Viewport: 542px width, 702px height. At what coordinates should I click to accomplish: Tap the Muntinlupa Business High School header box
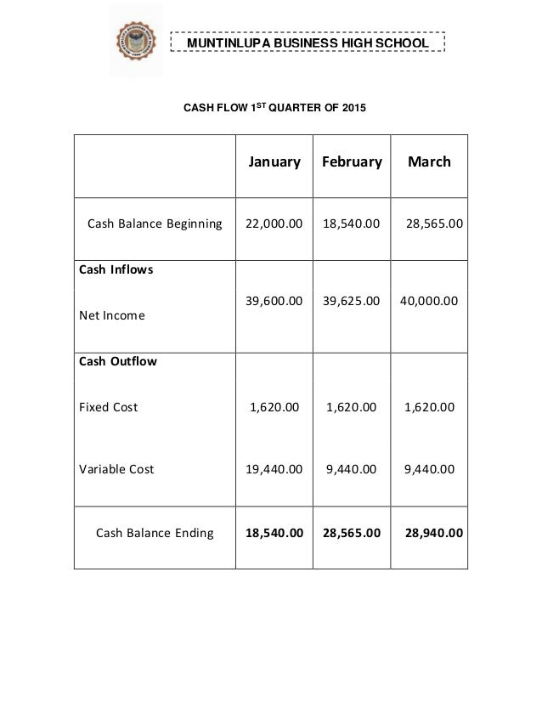307,42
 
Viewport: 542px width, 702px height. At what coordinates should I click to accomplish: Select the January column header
274,161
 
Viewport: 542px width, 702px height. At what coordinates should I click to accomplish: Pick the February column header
352,161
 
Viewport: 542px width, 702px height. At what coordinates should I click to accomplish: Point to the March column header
429,161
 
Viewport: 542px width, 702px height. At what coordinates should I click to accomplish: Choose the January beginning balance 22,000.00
274,225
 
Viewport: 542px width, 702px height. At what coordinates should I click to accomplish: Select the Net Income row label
111,315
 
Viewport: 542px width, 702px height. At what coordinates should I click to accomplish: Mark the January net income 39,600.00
274,300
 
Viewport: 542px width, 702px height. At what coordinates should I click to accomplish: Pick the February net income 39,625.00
352,300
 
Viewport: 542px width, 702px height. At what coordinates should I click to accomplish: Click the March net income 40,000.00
429,300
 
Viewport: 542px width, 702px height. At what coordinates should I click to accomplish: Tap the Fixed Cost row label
108,407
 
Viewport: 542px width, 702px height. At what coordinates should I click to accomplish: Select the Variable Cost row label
116,468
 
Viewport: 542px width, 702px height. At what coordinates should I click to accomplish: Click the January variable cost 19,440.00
274,468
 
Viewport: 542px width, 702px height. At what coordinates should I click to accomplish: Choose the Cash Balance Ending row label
155,534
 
